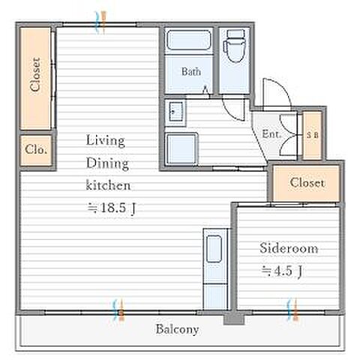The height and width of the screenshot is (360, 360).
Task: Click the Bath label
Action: (191, 72)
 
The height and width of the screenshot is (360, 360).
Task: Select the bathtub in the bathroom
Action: (189, 40)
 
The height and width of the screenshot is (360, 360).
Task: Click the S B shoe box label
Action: (313, 135)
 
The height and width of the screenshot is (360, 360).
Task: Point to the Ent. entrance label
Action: (271, 134)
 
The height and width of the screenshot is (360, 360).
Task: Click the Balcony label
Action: (177, 329)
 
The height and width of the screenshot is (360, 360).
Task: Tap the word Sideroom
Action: (289, 248)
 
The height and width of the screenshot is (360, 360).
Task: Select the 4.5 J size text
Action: (282, 271)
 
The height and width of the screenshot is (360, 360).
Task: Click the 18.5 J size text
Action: (112, 208)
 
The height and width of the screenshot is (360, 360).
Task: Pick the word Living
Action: (106, 141)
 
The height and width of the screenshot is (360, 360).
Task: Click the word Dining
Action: (107, 163)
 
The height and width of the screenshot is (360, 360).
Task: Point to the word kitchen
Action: (108, 185)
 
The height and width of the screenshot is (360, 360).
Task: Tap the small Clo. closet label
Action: (36, 150)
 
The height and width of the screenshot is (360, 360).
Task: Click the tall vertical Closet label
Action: (35, 74)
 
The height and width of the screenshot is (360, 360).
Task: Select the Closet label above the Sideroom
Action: (307, 183)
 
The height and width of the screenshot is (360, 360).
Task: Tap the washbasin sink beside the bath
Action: (175, 112)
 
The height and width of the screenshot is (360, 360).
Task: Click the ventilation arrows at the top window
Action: (100, 22)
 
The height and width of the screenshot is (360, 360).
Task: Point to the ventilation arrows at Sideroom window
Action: (292, 309)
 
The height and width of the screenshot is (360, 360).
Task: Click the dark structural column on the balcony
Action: (234, 319)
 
